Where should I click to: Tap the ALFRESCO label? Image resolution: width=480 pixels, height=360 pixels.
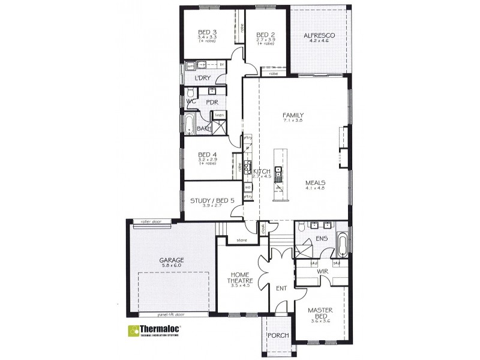click(x=319, y=35)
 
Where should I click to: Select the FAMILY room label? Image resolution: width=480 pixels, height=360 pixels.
click(x=294, y=115)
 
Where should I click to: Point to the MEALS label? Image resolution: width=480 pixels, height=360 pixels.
click(x=316, y=181)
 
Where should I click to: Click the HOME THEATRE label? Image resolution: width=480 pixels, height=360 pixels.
click(x=239, y=277)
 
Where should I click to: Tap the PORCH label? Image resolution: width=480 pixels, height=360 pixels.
click(x=278, y=335)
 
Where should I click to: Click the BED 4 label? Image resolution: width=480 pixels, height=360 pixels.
click(x=206, y=155)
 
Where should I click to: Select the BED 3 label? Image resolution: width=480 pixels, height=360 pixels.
click(x=207, y=32)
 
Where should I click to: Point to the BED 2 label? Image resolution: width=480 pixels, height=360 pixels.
click(x=265, y=34)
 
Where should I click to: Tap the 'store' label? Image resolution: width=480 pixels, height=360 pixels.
click(x=241, y=240)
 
